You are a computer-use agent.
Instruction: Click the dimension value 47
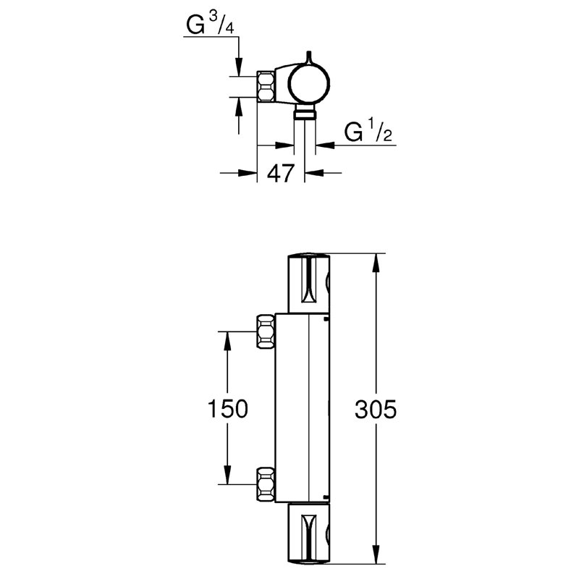click(281, 174)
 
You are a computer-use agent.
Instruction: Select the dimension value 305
click(376, 410)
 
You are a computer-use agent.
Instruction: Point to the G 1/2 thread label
click(368, 132)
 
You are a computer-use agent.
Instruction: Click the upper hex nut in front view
click(266, 332)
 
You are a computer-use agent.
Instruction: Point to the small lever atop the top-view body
click(309, 60)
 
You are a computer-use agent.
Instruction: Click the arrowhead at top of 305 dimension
click(376, 263)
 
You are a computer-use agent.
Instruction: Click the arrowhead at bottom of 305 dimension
click(376, 555)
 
